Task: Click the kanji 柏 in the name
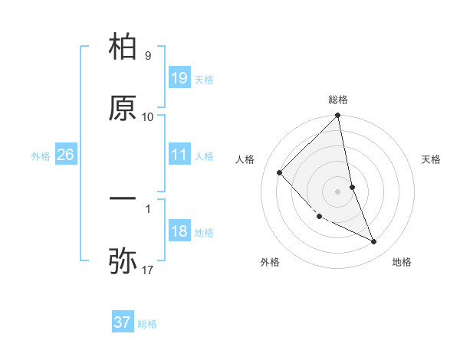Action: (x=123, y=47)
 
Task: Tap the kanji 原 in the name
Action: (x=123, y=110)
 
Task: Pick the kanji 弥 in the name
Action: (x=123, y=261)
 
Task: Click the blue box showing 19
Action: (x=179, y=78)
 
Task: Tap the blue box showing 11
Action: (x=179, y=155)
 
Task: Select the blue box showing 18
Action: (x=179, y=231)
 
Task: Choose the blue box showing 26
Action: (x=65, y=155)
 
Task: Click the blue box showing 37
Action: (x=122, y=322)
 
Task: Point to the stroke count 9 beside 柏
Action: (x=147, y=56)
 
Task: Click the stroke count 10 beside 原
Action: (x=147, y=117)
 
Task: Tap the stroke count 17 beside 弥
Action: (x=147, y=270)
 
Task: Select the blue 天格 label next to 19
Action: (x=204, y=80)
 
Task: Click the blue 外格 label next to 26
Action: (x=41, y=156)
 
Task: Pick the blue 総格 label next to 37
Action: (x=147, y=324)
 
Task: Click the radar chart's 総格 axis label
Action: (x=338, y=100)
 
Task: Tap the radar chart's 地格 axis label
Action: (x=402, y=262)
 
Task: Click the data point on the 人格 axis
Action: (x=280, y=172)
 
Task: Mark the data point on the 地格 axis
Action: (x=374, y=242)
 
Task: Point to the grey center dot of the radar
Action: (x=338, y=191)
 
